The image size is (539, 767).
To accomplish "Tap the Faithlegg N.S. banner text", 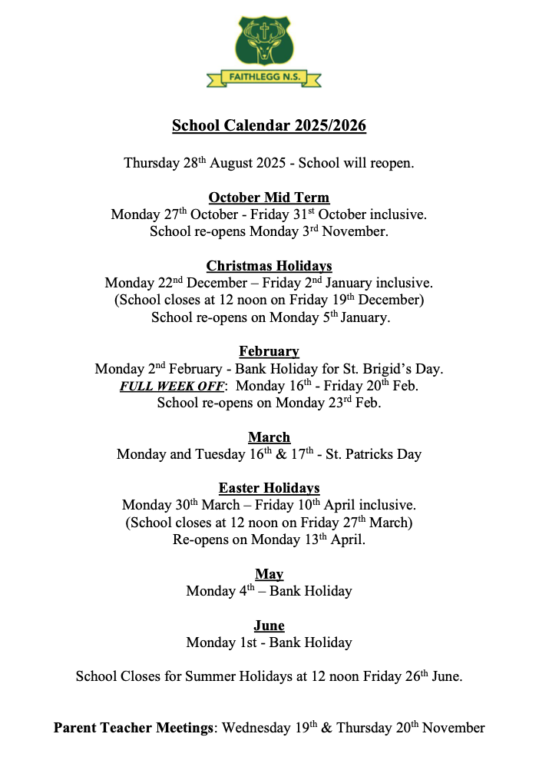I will click(263, 77).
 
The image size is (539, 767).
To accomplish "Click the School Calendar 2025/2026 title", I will click(269, 126).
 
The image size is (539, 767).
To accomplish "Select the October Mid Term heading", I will click(269, 198).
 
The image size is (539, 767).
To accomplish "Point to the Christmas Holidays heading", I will click(269, 267).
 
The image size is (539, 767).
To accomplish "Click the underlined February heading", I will click(269, 352).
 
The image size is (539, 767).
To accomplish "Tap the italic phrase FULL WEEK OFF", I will click(172, 386).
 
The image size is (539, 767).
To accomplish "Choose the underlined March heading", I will click(269, 437).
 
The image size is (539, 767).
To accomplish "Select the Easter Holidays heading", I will click(269, 488).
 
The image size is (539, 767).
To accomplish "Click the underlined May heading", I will click(269, 574).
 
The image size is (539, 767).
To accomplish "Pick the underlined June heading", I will click(269, 626).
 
